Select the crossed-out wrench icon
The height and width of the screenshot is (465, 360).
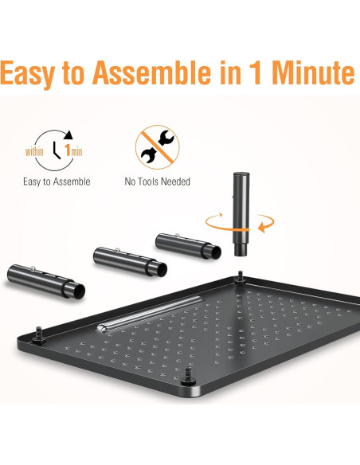[157, 146]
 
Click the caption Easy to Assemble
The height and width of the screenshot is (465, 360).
[57, 182]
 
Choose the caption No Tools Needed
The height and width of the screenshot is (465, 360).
[157, 182]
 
